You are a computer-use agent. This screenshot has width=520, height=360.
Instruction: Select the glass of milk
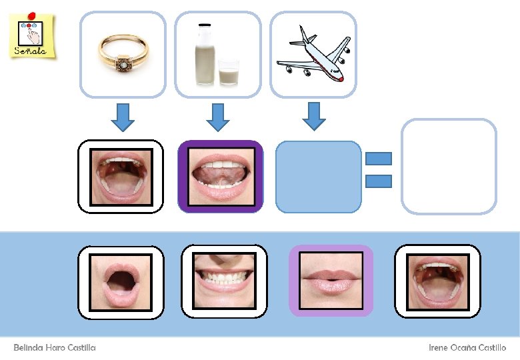point(229,71)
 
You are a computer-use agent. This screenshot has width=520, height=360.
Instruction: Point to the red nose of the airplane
point(341,78)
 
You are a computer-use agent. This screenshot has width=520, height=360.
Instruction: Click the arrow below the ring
point(123,116)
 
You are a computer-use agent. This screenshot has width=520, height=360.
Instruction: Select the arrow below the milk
point(218,116)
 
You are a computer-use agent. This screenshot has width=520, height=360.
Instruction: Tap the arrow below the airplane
point(314,116)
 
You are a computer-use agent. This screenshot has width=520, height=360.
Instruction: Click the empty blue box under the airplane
point(318,177)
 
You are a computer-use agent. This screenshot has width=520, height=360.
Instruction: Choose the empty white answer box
point(449,167)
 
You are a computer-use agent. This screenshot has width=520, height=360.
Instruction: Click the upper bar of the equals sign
point(378,159)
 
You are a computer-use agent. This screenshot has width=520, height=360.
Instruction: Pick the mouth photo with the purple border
point(221,177)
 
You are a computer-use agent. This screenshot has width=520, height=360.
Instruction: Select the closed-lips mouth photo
point(331,281)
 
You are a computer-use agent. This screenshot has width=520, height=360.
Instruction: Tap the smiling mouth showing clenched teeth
point(224,281)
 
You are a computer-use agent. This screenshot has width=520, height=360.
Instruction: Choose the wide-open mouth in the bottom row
point(437,281)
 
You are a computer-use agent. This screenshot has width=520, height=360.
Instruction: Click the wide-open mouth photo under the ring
point(121,177)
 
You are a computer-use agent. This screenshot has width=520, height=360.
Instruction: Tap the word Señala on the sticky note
point(31,50)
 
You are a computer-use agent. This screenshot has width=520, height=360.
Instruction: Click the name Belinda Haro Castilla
point(55,348)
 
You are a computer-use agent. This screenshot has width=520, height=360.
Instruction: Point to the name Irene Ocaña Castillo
point(467,348)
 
